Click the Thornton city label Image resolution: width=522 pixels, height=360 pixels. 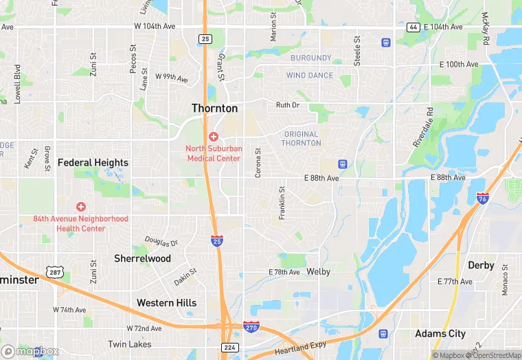tap(214, 109)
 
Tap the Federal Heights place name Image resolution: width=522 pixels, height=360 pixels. tap(93, 163)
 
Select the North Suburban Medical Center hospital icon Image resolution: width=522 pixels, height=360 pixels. tap(214, 137)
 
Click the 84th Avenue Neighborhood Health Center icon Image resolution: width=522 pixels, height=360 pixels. tap(81, 207)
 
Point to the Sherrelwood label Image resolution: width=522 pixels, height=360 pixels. tap(142, 258)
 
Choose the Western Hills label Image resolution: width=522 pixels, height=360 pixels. tap(166, 303)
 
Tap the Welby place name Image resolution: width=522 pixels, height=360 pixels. tap(318, 272)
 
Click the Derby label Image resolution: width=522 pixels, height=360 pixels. tap(481, 265)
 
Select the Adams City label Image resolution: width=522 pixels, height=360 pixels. tap(440, 334)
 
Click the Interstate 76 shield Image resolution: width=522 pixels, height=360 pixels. tap(483, 199)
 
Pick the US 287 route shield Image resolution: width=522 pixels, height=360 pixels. tap(54, 273)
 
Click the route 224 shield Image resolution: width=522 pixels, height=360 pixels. tap(229, 347)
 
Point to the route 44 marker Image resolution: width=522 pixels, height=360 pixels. tap(413, 27)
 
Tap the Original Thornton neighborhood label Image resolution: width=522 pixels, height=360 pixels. tap(301, 139)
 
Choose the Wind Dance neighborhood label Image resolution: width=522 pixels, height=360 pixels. tap(310, 76)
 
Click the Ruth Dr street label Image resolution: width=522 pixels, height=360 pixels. tap(287, 105)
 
